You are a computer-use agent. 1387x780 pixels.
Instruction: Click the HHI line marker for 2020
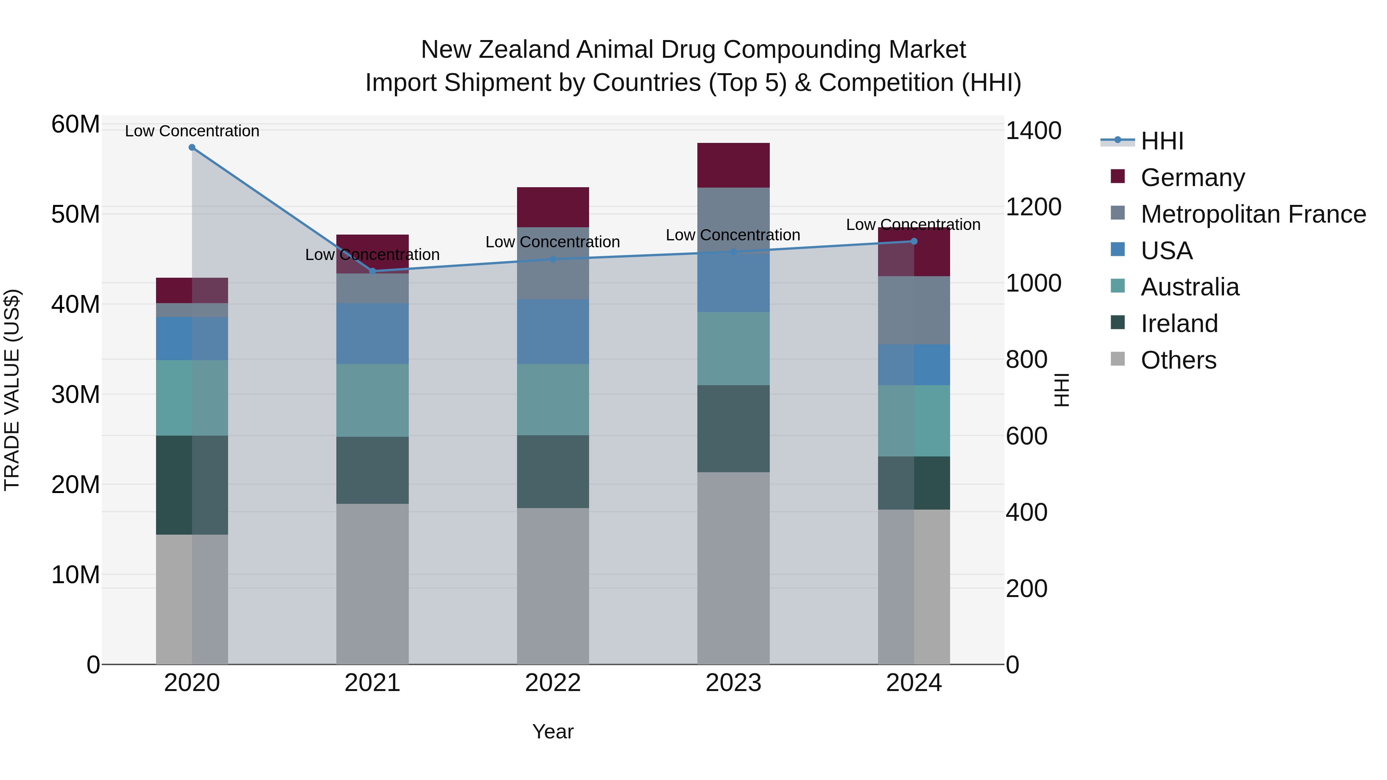pyautogui.click(x=192, y=148)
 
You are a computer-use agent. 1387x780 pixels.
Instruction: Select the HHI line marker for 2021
pyautogui.click(x=372, y=271)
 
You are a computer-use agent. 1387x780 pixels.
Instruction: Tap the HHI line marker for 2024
pyautogui.click(x=914, y=241)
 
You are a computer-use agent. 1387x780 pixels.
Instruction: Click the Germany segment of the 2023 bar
pyautogui.click(x=733, y=165)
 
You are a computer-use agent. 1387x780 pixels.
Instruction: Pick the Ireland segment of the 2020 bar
pyautogui.click(x=192, y=485)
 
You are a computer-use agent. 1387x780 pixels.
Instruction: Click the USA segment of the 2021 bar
pyautogui.click(x=372, y=334)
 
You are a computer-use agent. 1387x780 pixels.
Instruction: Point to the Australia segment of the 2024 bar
pyautogui.click(x=914, y=421)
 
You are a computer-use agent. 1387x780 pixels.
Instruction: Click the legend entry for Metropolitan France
pyautogui.click(x=1253, y=214)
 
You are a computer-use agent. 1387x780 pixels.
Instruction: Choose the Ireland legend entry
pyautogui.click(x=1179, y=324)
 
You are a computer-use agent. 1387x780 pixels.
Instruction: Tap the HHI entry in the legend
pyautogui.click(x=1162, y=141)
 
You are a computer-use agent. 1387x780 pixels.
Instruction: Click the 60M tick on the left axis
pyautogui.click(x=76, y=124)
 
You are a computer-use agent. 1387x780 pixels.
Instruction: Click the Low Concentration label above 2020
pyautogui.click(x=192, y=131)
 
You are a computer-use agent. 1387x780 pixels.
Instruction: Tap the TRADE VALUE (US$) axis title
pyautogui.click(x=12, y=390)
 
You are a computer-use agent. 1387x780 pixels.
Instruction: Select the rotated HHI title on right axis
pyautogui.click(x=1061, y=390)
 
